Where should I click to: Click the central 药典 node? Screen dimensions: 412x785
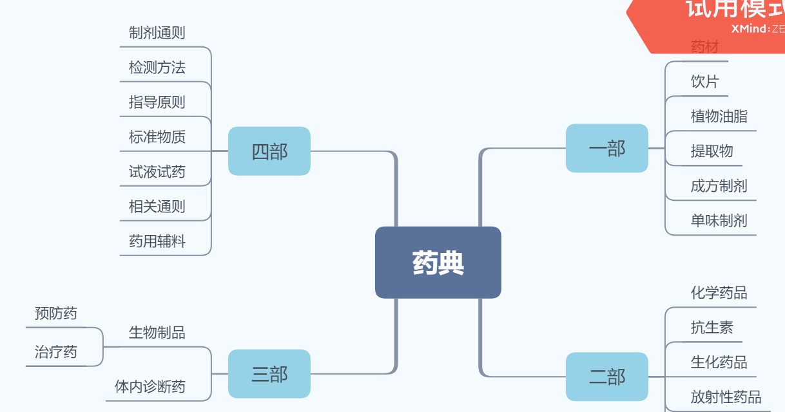[x=438, y=263]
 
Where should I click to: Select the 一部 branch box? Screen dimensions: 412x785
[x=606, y=148]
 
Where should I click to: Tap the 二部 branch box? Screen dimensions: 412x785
[x=606, y=377]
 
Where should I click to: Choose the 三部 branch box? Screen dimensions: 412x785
[x=269, y=373]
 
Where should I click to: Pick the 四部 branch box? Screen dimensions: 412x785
[x=269, y=151]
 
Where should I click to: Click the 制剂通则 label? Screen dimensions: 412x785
[x=157, y=33]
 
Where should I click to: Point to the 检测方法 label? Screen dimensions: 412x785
[x=157, y=68]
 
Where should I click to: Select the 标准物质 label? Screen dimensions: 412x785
[x=157, y=137]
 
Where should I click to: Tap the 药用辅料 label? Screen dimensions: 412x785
[x=157, y=241]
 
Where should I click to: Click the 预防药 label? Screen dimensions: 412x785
[x=55, y=314]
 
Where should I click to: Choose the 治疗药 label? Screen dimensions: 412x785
[x=55, y=352]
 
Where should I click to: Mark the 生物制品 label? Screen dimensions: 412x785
[x=157, y=333]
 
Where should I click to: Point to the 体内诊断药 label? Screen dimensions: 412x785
[x=150, y=386]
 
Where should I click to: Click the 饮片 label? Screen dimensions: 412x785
[x=704, y=82]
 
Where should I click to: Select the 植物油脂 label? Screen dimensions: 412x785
[x=719, y=117]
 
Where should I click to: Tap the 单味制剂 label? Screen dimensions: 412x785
[x=719, y=221]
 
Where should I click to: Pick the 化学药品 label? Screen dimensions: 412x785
[x=719, y=293]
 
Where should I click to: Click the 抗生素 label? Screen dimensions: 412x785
[x=712, y=328]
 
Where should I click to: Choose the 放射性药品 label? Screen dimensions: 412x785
[x=726, y=397]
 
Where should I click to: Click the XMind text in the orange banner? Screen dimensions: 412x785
[x=750, y=28]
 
